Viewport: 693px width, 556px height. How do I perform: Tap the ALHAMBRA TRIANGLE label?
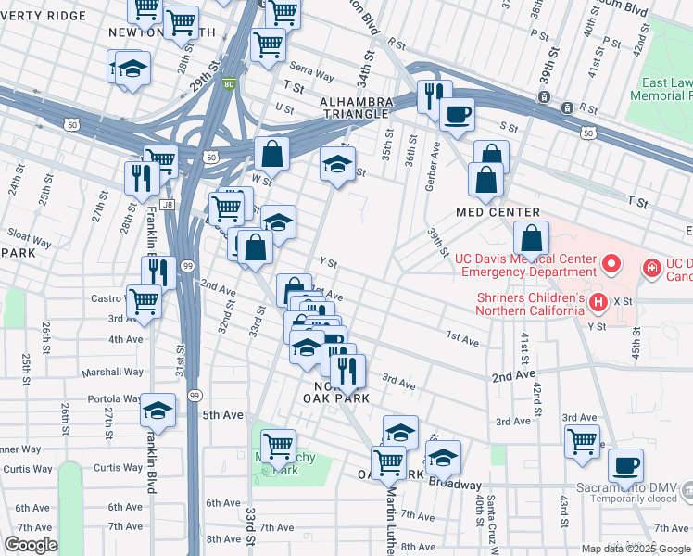click(x=354, y=107)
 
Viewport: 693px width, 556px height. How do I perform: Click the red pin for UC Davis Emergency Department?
click(x=611, y=265)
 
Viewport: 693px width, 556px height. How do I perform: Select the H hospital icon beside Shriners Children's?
click(x=598, y=302)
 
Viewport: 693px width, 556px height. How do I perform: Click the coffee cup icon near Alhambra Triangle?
click(x=457, y=115)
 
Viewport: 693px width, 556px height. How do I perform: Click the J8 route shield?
click(x=167, y=205)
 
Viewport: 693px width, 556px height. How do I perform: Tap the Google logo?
click(x=31, y=545)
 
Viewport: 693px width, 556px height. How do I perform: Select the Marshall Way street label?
click(x=113, y=372)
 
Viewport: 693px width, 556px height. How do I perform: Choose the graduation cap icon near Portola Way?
click(x=159, y=410)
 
